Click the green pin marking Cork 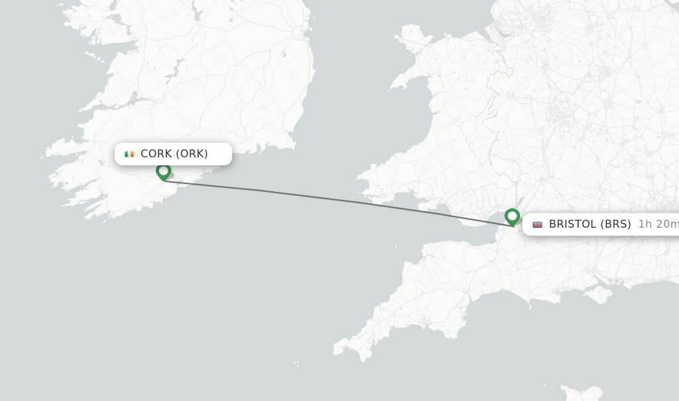(x=163, y=171)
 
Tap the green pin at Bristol (x=512, y=216)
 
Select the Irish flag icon (x=129, y=154)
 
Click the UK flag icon (x=537, y=224)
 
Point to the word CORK (x=156, y=154)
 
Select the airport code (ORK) (x=192, y=154)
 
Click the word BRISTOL (x=572, y=224)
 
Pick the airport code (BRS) (x=615, y=224)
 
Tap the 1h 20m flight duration (x=658, y=224)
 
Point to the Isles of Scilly (x=296, y=364)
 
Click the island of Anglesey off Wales (x=413, y=37)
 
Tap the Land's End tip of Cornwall (x=337, y=346)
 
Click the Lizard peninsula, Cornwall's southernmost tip (x=365, y=359)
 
